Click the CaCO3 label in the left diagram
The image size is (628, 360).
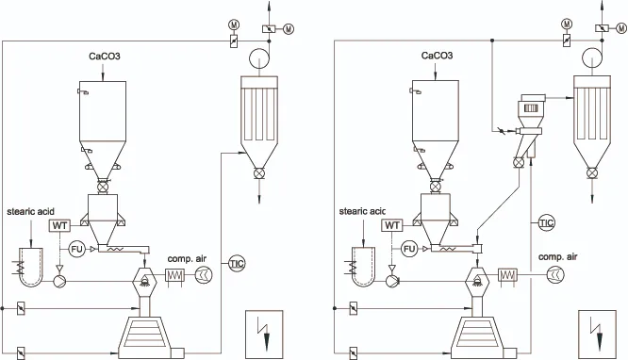[x=104, y=56]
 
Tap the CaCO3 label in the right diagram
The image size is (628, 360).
[x=437, y=56]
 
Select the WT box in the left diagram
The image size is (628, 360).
[x=59, y=226]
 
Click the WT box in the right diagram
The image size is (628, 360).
[x=391, y=226]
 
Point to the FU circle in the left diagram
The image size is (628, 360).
[x=76, y=250]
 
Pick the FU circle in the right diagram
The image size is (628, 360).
[x=409, y=249]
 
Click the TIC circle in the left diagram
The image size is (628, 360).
[x=237, y=264]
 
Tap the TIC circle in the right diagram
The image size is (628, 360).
[x=547, y=222]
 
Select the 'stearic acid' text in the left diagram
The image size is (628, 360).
[x=30, y=211]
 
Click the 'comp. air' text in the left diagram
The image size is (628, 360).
[x=187, y=258]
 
